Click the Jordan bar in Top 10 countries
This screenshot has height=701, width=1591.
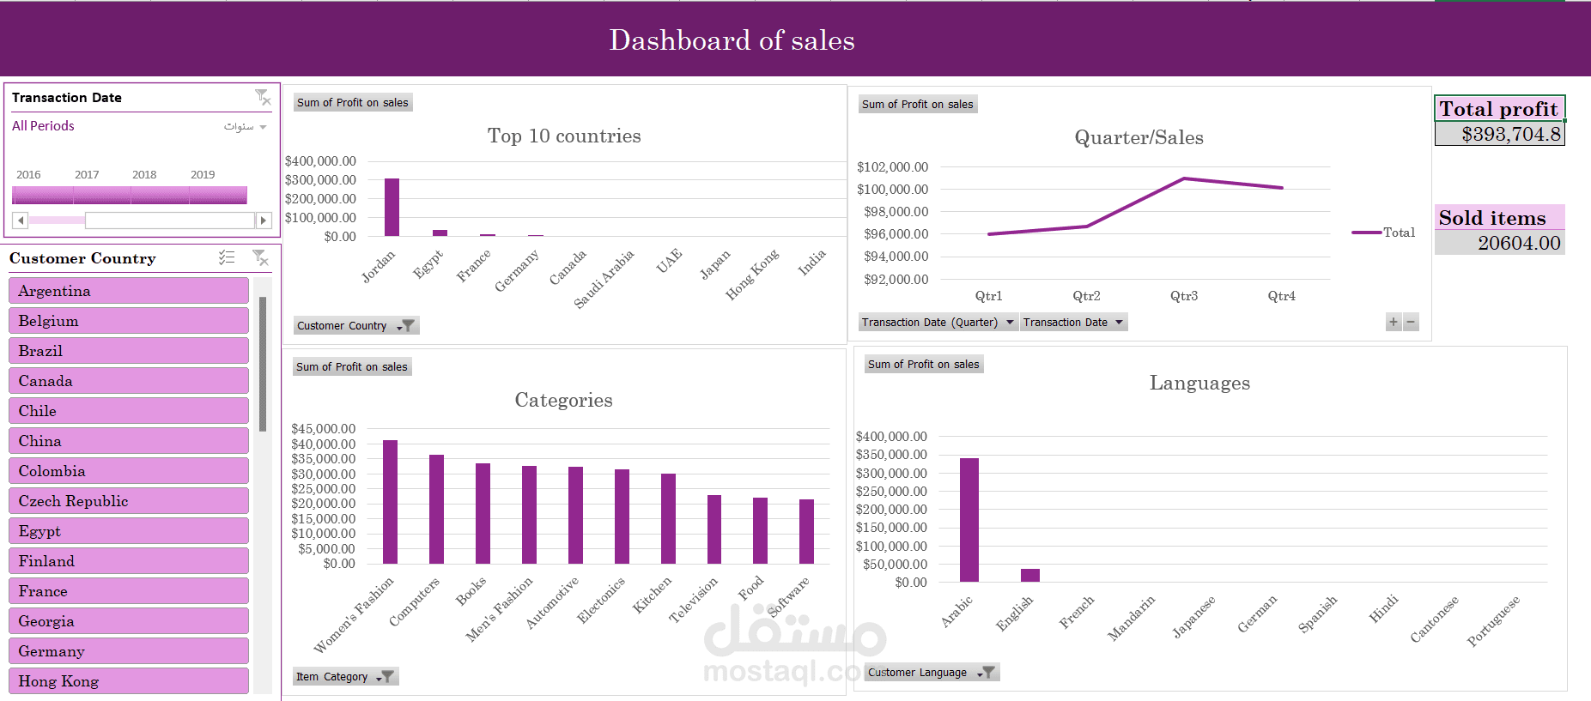pyautogui.click(x=392, y=207)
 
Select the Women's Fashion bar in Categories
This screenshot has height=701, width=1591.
pyautogui.click(x=390, y=502)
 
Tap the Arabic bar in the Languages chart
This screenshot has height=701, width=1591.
pyautogui.click(x=969, y=520)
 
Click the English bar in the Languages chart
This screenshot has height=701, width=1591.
pyautogui.click(x=1030, y=575)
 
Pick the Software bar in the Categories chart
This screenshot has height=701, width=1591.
pyautogui.click(x=806, y=531)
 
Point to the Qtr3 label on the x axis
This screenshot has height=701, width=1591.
pyautogui.click(x=1184, y=296)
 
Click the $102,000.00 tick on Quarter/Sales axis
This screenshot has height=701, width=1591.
pyautogui.click(x=892, y=166)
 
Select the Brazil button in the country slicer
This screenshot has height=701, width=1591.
pyautogui.click(x=129, y=351)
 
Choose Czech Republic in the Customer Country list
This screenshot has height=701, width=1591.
pyautogui.click(x=129, y=501)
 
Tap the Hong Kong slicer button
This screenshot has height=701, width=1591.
pyautogui.click(x=129, y=681)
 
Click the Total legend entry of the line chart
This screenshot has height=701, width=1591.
pyautogui.click(x=1383, y=233)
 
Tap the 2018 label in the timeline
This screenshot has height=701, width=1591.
pyautogui.click(x=144, y=174)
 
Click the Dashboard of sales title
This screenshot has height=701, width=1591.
pyautogui.click(x=732, y=40)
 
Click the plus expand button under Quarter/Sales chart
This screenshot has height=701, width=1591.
pyautogui.click(x=1394, y=323)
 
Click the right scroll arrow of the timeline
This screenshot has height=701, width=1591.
pyautogui.click(x=264, y=221)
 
